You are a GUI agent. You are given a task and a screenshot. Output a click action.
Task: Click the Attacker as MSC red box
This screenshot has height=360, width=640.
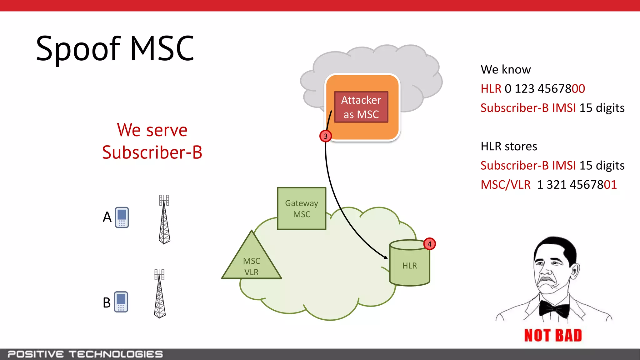[x=361, y=107]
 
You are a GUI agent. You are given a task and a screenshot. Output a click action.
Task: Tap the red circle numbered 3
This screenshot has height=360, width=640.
[x=325, y=136]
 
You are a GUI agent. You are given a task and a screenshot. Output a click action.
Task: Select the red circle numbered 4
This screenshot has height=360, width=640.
[x=429, y=244]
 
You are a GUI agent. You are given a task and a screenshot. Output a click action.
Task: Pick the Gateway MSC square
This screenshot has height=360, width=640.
[x=302, y=208]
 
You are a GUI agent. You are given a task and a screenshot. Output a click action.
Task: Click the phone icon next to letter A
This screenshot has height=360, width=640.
[x=122, y=217]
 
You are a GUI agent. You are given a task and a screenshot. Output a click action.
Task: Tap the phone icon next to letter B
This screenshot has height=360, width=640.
[x=121, y=302]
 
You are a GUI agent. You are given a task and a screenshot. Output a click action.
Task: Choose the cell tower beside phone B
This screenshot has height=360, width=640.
[x=160, y=294]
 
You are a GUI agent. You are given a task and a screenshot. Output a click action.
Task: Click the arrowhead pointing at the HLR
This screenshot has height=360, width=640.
[x=386, y=257]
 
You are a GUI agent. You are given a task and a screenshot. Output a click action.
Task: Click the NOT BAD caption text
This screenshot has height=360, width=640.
[x=553, y=335]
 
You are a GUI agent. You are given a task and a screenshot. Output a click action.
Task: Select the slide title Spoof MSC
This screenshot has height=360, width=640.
[x=115, y=48]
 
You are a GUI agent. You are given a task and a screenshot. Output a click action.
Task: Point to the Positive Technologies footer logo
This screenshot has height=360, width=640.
[x=85, y=354]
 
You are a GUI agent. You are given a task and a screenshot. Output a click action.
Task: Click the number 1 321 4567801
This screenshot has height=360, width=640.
[x=577, y=185]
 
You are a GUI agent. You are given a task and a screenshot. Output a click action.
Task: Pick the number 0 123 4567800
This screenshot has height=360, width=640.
[x=545, y=89]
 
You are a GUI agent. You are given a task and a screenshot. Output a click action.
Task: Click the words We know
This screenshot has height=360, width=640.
[x=506, y=69]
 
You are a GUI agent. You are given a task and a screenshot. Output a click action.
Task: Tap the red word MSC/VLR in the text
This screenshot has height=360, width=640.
[x=505, y=185]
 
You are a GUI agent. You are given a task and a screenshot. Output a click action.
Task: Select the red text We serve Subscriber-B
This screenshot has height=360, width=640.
[x=152, y=141]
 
